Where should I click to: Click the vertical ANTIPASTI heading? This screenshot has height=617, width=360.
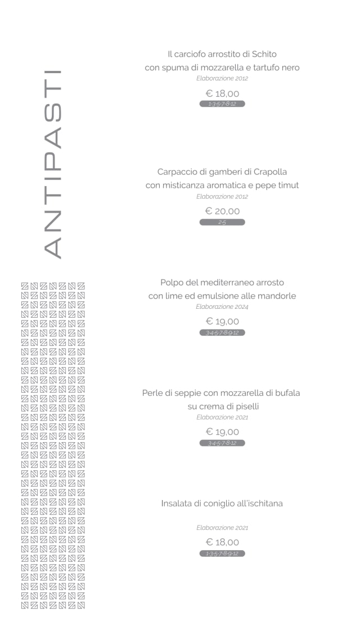52,164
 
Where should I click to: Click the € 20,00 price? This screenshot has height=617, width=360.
222,211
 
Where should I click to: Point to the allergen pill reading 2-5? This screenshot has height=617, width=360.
222,223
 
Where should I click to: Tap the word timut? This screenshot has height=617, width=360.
287,185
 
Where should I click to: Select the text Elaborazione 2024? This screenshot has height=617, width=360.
222,307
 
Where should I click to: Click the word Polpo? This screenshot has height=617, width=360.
171,282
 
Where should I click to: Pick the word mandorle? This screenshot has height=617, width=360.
276,296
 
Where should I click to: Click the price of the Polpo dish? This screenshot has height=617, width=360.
222,322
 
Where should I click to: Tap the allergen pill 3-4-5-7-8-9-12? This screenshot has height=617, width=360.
222,333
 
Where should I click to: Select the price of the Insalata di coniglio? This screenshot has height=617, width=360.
222,542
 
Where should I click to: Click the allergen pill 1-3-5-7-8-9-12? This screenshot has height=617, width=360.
222,553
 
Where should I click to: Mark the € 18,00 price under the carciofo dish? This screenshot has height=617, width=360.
222,93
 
